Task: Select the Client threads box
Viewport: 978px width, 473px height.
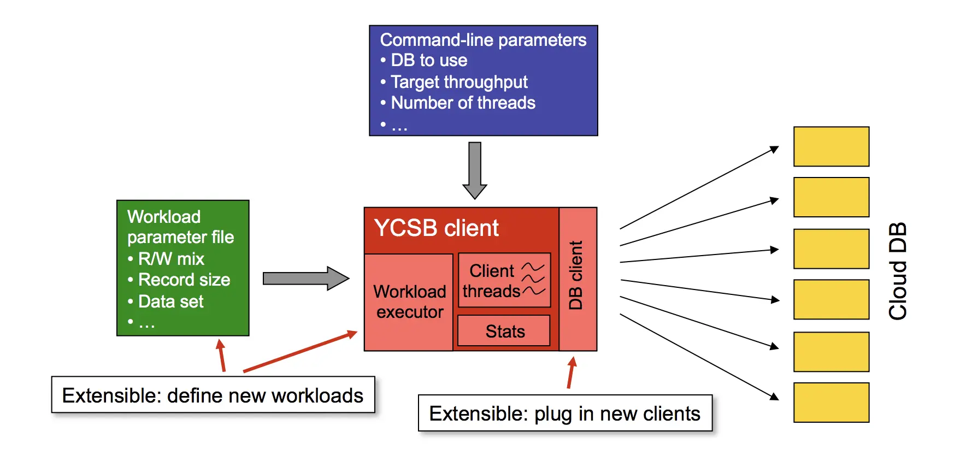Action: (x=504, y=280)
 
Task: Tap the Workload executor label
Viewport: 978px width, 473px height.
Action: (x=409, y=301)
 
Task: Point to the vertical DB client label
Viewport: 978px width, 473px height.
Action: (x=576, y=275)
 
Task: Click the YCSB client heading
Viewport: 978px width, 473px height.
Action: (x=436, y=228)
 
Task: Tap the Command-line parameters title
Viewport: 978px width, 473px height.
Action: (x=483, y=40)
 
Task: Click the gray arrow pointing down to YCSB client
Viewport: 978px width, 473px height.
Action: (x=475, y=170)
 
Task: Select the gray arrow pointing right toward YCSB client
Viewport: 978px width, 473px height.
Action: (x=305, y=279)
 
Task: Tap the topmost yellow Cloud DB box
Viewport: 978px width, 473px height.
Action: (x=831, y=146)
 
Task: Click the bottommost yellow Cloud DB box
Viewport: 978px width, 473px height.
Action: (x=831, y=403)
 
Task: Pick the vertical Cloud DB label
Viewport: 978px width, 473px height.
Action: (x=898, y=271)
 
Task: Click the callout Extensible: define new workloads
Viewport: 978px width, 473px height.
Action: (x=213, y=395)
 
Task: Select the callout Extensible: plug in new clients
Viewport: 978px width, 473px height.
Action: (x=565, y=413)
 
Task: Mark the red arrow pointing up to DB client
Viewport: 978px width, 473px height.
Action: (x=571, y=373)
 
